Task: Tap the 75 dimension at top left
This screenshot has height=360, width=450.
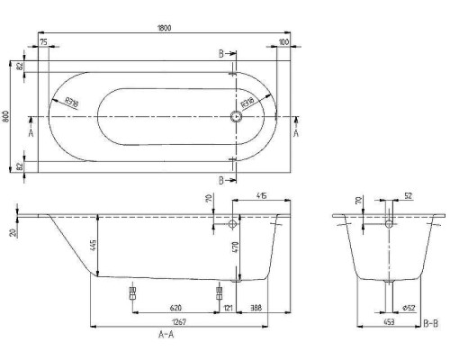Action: click(42, 40)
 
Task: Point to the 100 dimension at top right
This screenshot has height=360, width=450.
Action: click(283, 40)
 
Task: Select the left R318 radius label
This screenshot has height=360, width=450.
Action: click(72, 102)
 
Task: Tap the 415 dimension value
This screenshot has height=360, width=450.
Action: click(261, 196)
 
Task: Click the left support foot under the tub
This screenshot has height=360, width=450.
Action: click(133, 293)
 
